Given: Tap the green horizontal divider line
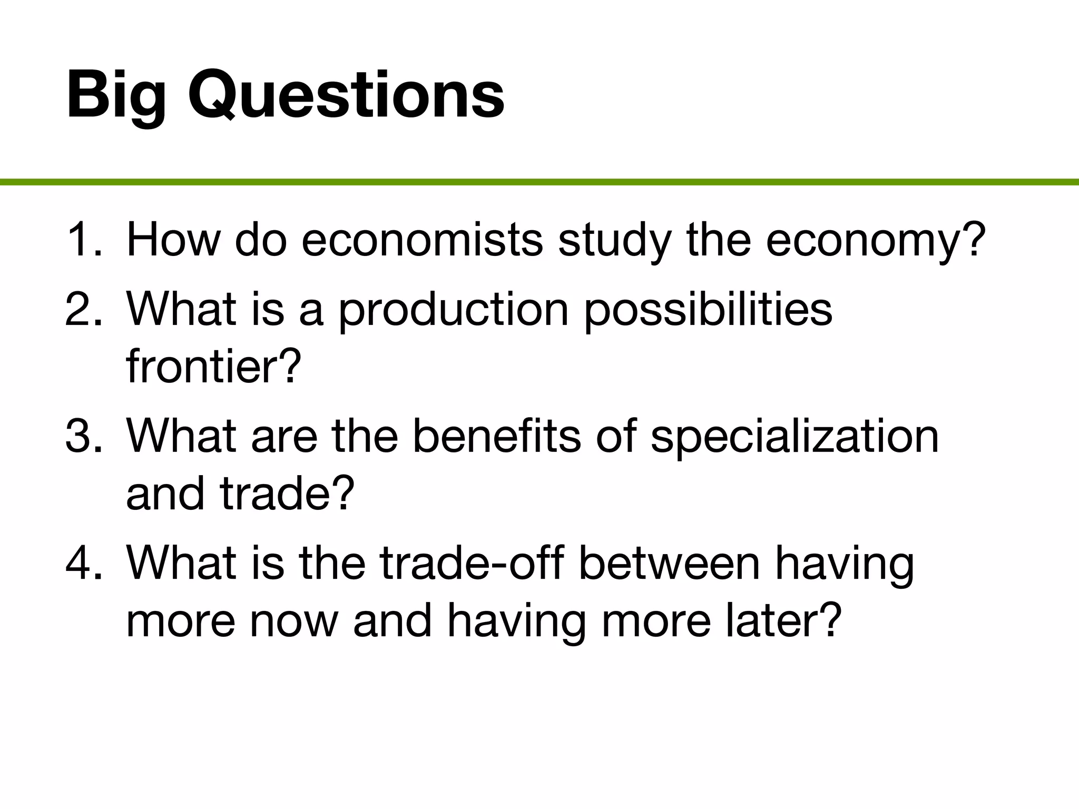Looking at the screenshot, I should (x=539, y=182).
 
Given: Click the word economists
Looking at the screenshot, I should (x=422, y=240).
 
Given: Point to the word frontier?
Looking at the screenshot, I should (x=214, y=366).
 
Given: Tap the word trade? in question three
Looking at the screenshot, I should (x=287, y=494).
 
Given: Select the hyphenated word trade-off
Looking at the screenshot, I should (x=472, y=563).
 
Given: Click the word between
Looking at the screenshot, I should (x=669, y=563).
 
